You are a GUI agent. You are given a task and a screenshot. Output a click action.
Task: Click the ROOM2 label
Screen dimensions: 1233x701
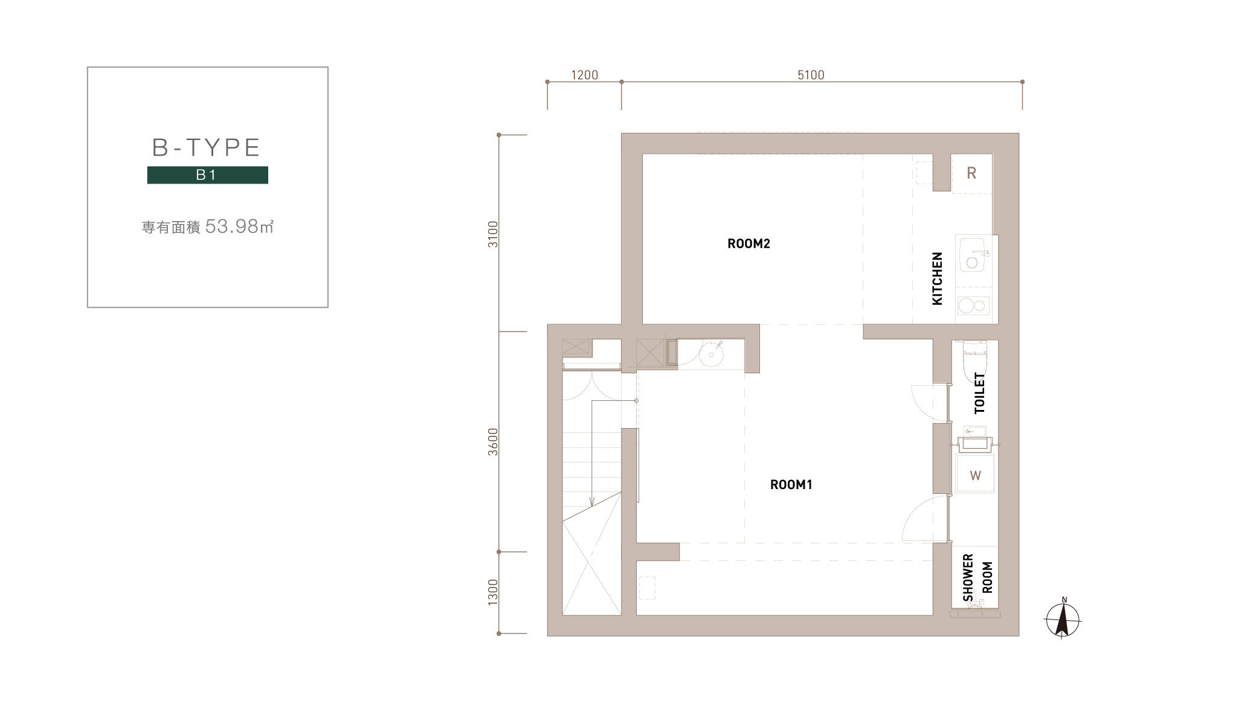(748, 244)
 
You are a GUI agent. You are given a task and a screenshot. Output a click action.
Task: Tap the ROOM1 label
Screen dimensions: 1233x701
(791, 484)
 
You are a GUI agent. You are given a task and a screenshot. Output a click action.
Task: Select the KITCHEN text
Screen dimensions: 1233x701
(937, 278)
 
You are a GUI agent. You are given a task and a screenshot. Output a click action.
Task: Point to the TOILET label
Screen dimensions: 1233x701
(979, 393)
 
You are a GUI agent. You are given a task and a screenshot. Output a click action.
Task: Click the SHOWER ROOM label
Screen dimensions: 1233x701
(978, 578)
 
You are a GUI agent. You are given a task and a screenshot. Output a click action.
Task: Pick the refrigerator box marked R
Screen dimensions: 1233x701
(971, 174)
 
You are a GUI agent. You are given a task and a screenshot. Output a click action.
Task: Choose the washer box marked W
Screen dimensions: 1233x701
(975, 475)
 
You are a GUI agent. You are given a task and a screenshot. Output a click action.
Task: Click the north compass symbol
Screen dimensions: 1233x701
(1063, 619)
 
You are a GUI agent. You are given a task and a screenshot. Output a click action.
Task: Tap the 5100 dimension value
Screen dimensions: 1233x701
(811, 75)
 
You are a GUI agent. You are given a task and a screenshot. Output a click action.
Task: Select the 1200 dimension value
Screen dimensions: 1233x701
(584, 75)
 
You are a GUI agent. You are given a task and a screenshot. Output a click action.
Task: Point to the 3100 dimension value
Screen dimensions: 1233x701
(494, 234)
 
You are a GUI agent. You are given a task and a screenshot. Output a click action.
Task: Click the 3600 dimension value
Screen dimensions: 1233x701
(494, 441)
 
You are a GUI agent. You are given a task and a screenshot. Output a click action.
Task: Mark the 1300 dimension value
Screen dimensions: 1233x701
(494, 592)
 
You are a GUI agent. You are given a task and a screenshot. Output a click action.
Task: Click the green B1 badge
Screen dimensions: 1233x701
(207, 175)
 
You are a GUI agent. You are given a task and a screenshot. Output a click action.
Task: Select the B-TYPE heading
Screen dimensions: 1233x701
(206, 147)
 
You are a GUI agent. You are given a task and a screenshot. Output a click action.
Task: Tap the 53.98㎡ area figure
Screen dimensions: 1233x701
(240, 226)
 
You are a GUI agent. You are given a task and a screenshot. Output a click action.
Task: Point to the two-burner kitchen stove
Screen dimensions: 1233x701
(973, 306)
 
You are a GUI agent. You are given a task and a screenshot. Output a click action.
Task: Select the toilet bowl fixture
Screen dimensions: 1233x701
(974, 362)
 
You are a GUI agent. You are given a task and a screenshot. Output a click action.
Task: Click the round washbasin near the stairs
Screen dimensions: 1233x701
(711, 354)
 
